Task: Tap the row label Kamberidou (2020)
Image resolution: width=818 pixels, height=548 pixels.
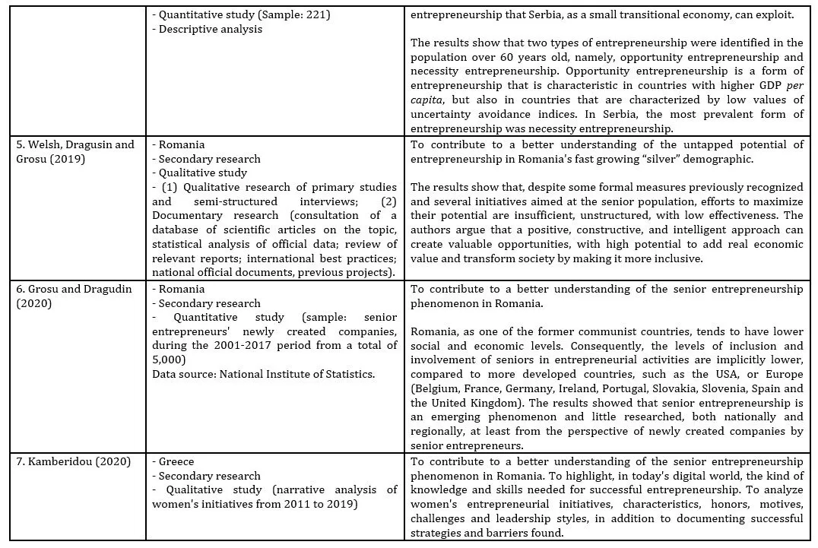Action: click(70, 461)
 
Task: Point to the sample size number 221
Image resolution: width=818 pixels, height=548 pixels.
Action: click(319, 14)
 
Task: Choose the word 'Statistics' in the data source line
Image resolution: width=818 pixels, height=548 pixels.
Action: click(347, 374)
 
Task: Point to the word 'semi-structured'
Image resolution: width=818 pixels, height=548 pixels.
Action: click(244, 202)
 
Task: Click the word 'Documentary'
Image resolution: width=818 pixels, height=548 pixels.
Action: click(185, 217)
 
